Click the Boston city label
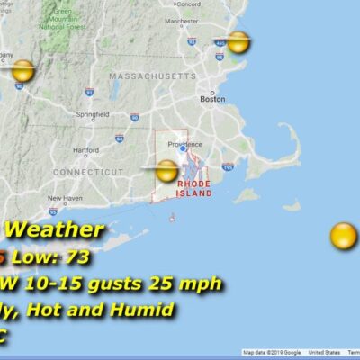[213, 99]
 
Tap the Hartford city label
[85, 149]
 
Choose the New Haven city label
[64, 198]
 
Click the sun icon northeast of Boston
[238, 42]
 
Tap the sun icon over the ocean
[343, 237]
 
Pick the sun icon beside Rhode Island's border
[166, 170]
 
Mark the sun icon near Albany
[23, 71]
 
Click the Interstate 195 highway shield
[228, 166]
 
